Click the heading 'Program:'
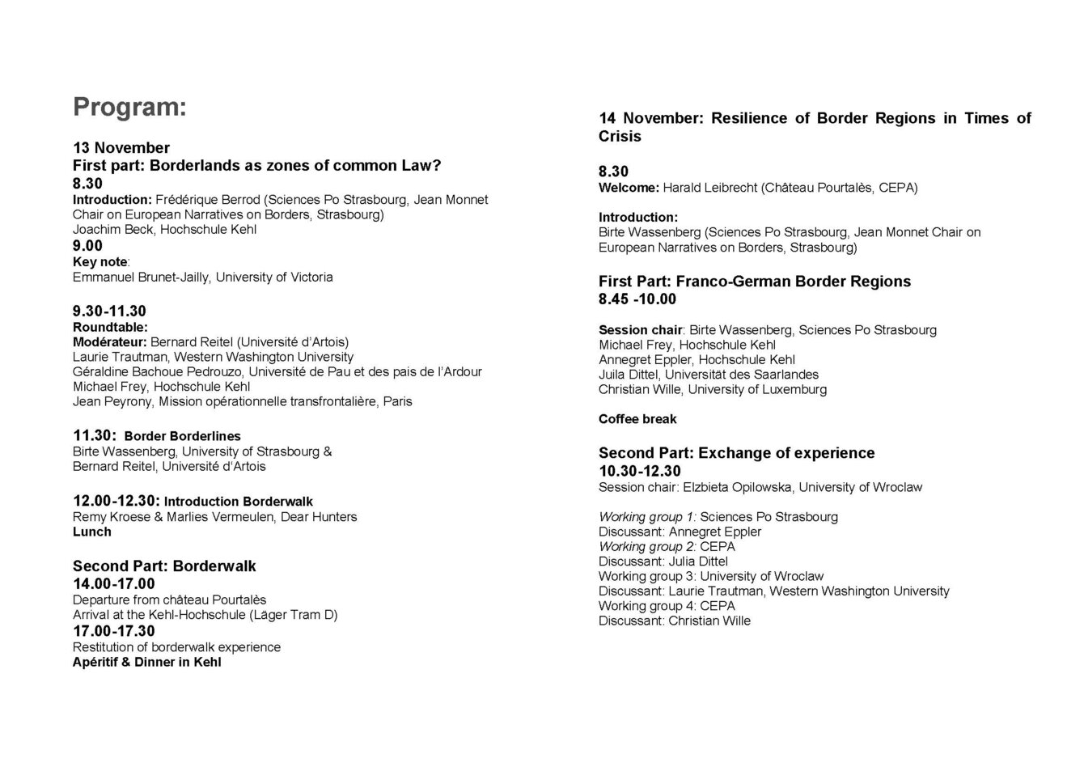[129, 107]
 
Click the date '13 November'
[121, 147]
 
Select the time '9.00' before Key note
[87, 246]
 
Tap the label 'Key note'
[100, 261]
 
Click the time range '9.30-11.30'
[109, 311]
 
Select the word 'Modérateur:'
[110, 341]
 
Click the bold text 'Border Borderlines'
[182, 436]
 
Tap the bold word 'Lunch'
[92, 532]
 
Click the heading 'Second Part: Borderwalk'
[164, 566]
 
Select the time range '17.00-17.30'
[113, 631]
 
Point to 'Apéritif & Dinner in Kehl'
[146, 662]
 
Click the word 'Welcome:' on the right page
[629, 188]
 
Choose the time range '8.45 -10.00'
[637, 299]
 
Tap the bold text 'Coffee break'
[637, 419]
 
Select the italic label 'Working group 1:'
[647, 516]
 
